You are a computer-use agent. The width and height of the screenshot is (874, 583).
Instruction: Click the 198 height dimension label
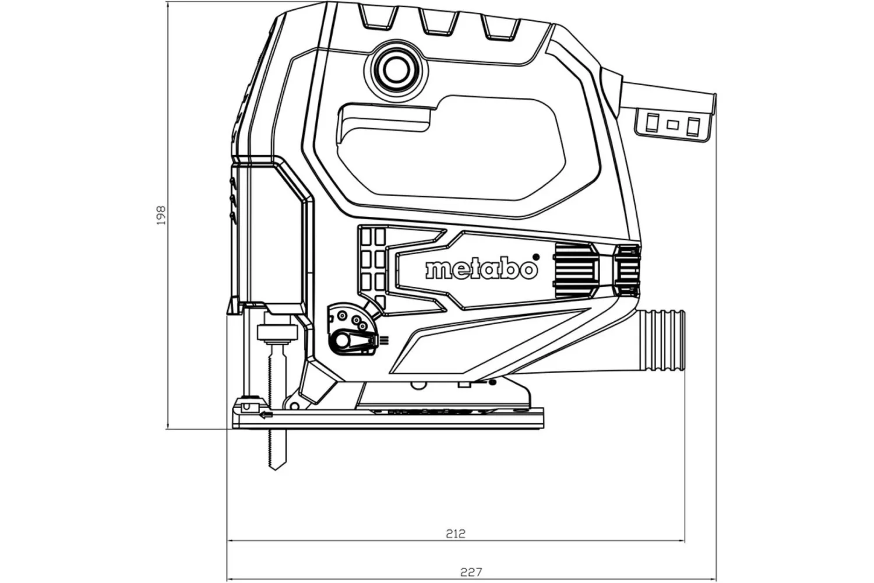161,215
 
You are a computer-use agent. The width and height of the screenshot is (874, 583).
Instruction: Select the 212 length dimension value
456,533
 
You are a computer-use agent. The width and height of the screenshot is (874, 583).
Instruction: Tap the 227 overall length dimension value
471,573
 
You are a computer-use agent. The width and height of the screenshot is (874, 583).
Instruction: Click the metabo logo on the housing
481,269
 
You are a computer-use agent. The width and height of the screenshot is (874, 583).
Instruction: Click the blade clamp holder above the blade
277,333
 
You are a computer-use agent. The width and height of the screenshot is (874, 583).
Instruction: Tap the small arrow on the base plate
266,415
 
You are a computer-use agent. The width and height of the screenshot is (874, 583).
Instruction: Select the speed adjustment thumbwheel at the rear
628,271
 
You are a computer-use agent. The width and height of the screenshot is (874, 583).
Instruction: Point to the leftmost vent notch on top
378,19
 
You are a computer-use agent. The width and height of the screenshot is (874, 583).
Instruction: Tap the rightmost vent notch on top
500,26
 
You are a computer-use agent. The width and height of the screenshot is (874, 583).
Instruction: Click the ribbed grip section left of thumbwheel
574,269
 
